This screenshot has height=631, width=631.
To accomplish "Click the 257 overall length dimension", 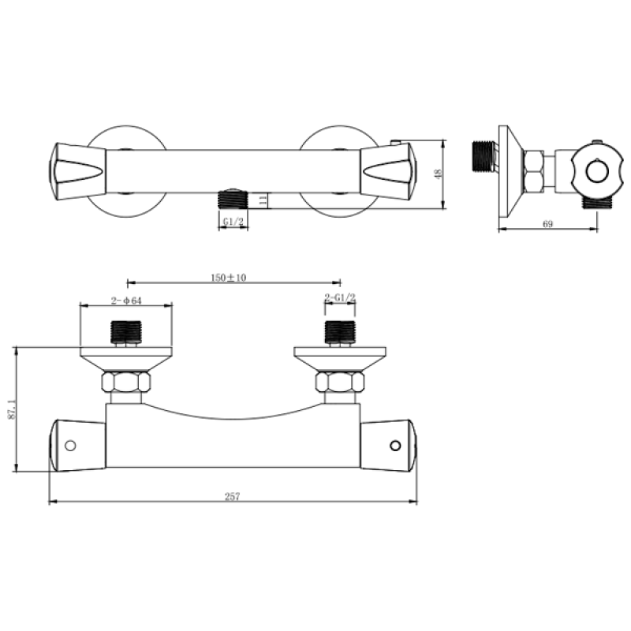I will (x=232, y=496).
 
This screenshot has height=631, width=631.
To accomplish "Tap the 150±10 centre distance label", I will (x=230, y=278).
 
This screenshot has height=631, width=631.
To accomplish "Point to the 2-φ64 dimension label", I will (x=125, y=301).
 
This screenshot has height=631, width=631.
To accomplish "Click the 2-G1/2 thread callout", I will (x=340, y=298).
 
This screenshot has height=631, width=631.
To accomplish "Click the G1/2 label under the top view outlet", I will (x=233, y=222).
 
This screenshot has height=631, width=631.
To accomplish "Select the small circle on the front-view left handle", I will (x=70, y=446).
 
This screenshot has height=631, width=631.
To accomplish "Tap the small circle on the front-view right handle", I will (x=395, y=446).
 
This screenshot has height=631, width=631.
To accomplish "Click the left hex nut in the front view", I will (x=126, y=384).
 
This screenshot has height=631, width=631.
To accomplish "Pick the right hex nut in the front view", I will (x=340, y=384).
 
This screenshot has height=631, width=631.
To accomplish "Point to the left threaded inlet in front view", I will (x=126, y=331).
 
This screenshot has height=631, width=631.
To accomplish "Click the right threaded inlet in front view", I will (x=340, y=331).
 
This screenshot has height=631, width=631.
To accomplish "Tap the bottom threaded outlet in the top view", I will (x=232, y=198).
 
